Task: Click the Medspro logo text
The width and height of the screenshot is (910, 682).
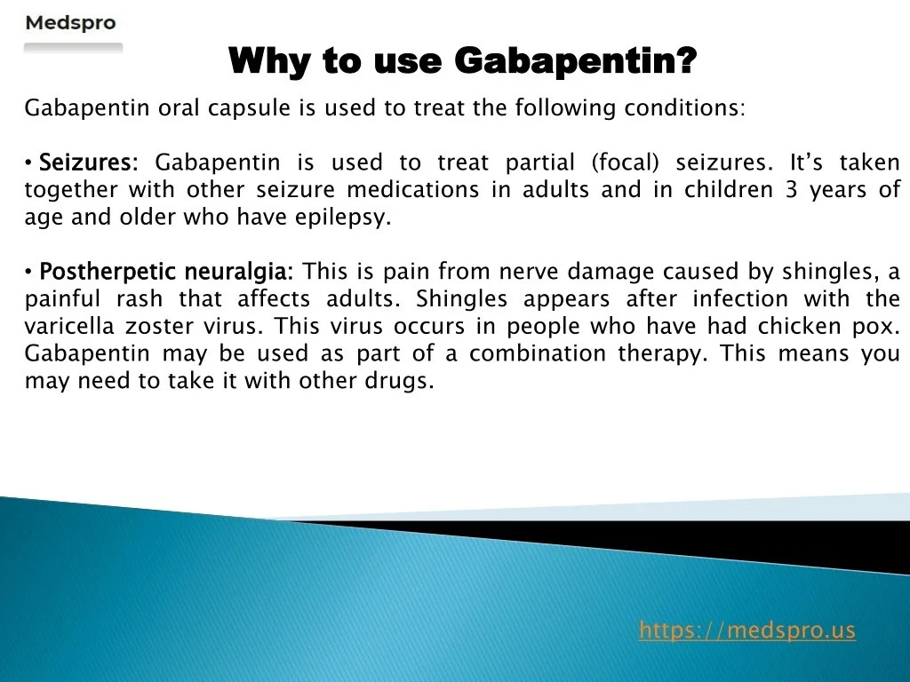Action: pyautogui.click(x=71, y=23)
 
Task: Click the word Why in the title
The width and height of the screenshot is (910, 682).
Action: pyautogui.click(x=271, y=61)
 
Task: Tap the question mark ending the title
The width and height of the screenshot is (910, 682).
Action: pyautogui.click(x=686, y=59)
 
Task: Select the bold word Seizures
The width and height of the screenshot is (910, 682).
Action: pyautogui.click(x=84, y=163)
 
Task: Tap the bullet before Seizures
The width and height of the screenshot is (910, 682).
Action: pyautogui.click(x=28, y=163)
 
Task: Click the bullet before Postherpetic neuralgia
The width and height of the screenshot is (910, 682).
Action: pyautogui.click(x=28, y=272)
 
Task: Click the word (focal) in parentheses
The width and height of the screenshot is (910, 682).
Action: pyautogui.click(x=625, y=163)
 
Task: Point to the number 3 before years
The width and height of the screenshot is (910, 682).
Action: pyautogui.click(x=792, y=190)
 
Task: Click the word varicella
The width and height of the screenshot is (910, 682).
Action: pyautogui.click(x=69, y=326)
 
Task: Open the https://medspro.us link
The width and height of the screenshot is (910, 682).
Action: pyautogui.click(x=746, y=630)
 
